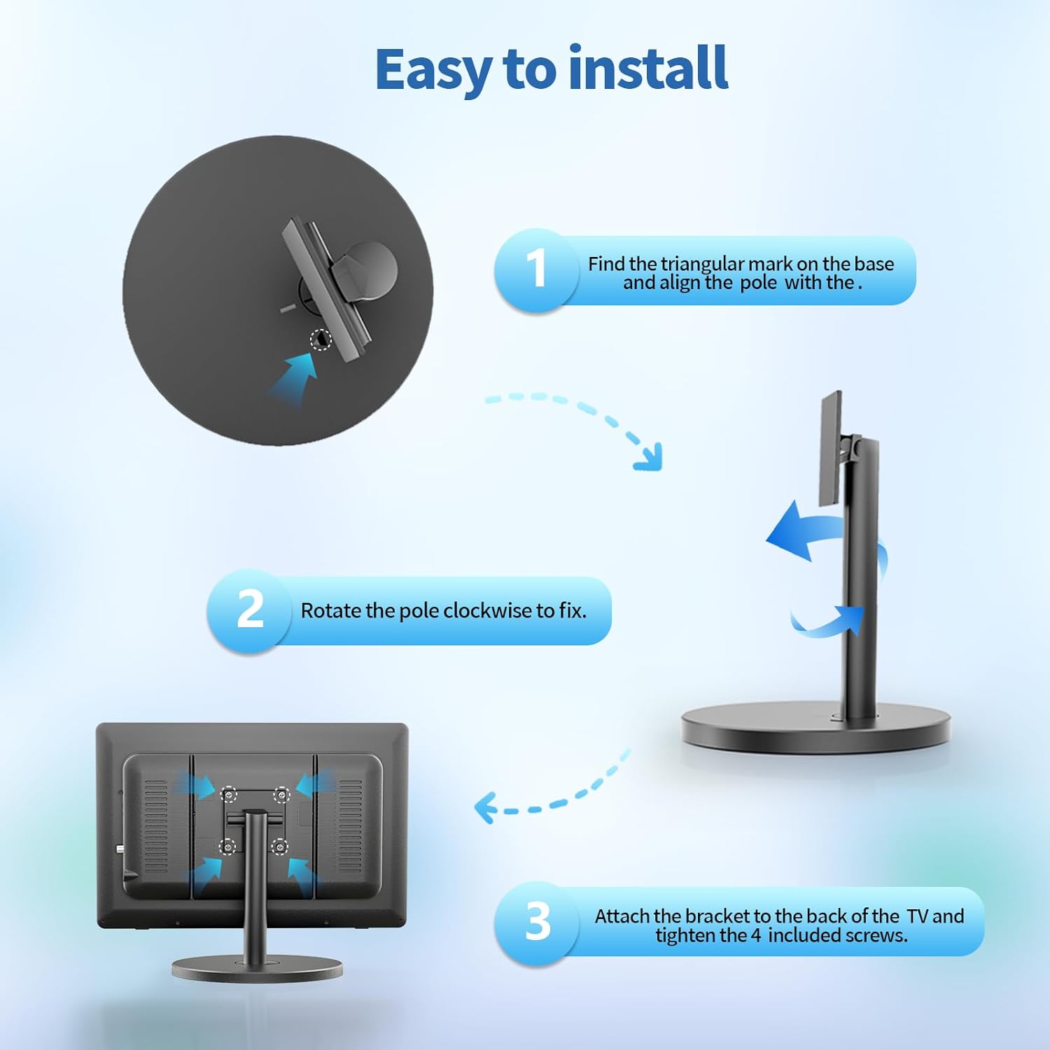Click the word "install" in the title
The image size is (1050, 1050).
(x=648, y=68)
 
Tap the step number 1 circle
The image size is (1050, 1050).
(x=537, y=269)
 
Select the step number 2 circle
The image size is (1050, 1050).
(x=249, y=610)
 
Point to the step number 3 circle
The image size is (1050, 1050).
(x=537, y=922)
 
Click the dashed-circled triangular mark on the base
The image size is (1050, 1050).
(x=321, y=339)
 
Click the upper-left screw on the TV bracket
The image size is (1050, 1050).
(x=229, y=795)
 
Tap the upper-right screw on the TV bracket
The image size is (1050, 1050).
(x=281, y=794)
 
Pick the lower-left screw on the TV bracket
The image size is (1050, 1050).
(x=227, y=847)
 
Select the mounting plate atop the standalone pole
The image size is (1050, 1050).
(x=830, y=448)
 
